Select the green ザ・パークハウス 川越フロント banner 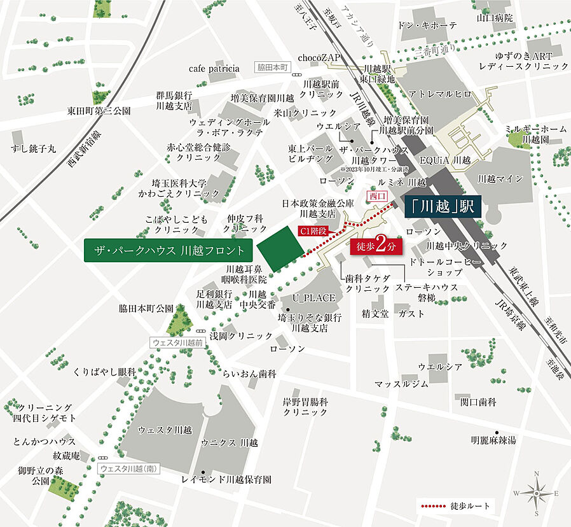[x=169, y=250]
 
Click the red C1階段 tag [x=313, y=232]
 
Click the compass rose [x=537, y=493]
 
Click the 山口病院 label [x=495, y=18]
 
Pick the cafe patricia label [x=214, y=68]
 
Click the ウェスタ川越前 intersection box [x=178, y=342]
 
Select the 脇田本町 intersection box [x=273, y=67]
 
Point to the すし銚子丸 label [x=33, y=148]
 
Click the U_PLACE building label [x=313, y=298]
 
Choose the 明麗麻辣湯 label [x=493, y=440]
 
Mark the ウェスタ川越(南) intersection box [x=129, y=468]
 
